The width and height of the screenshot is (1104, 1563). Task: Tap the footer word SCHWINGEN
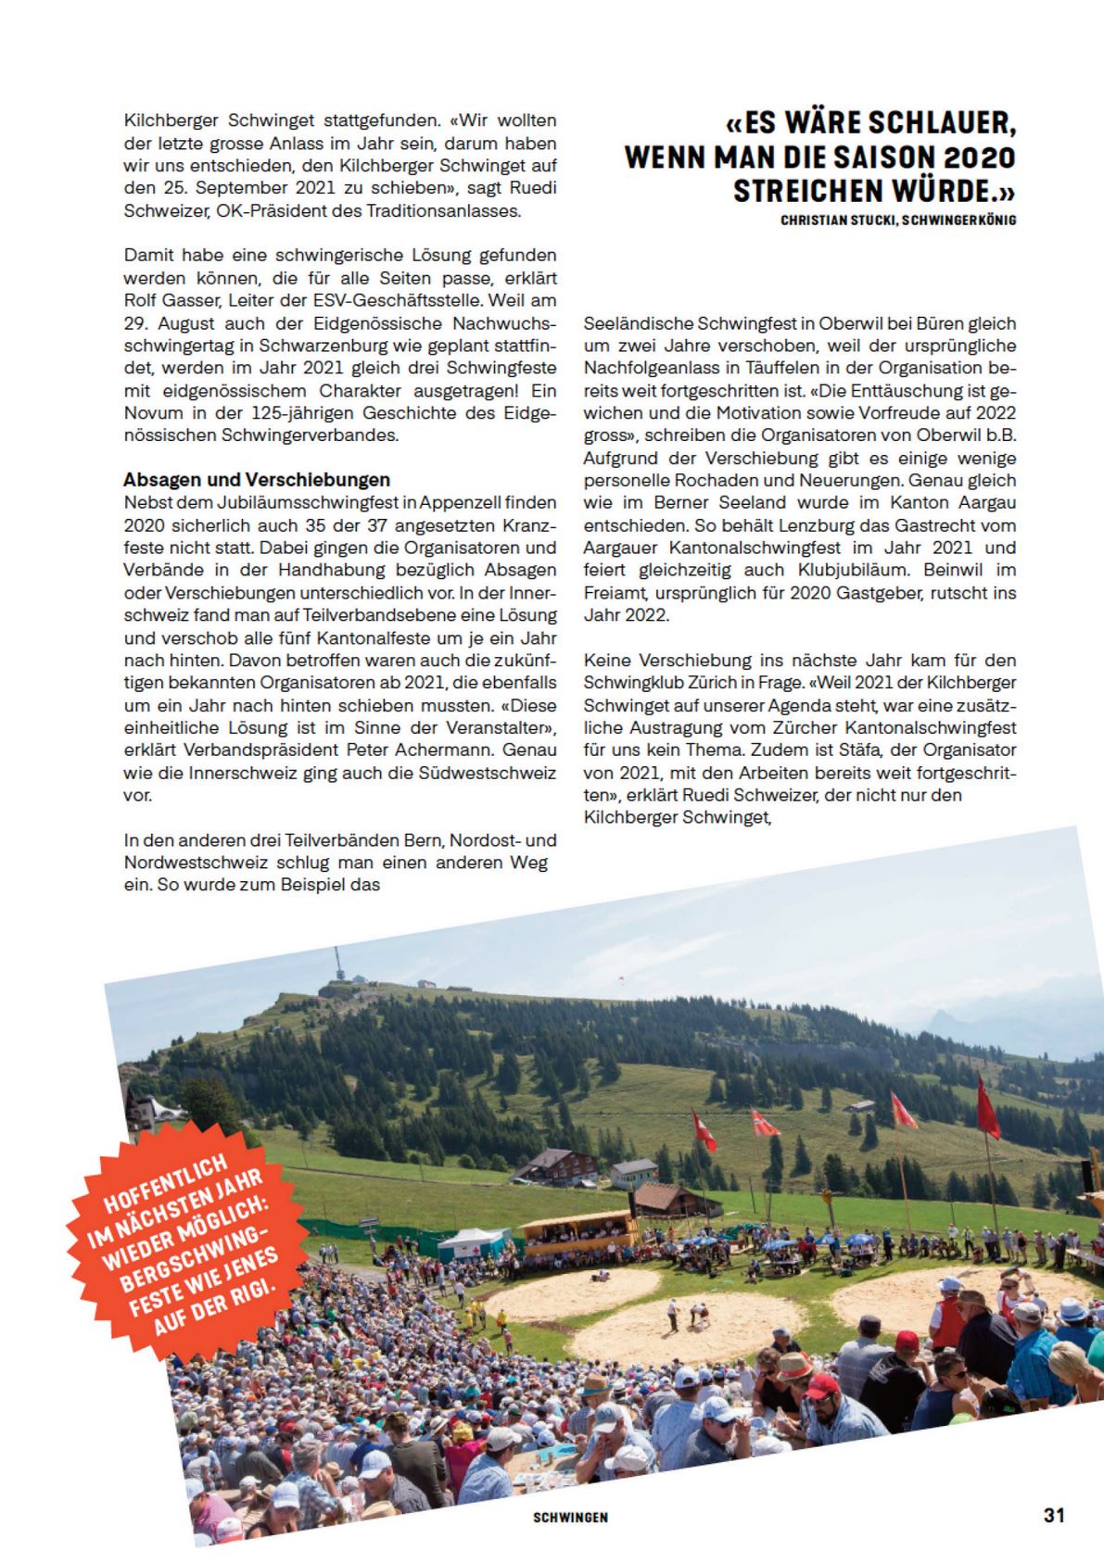[570, 1518]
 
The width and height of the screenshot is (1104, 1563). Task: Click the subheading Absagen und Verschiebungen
[257, 480]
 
